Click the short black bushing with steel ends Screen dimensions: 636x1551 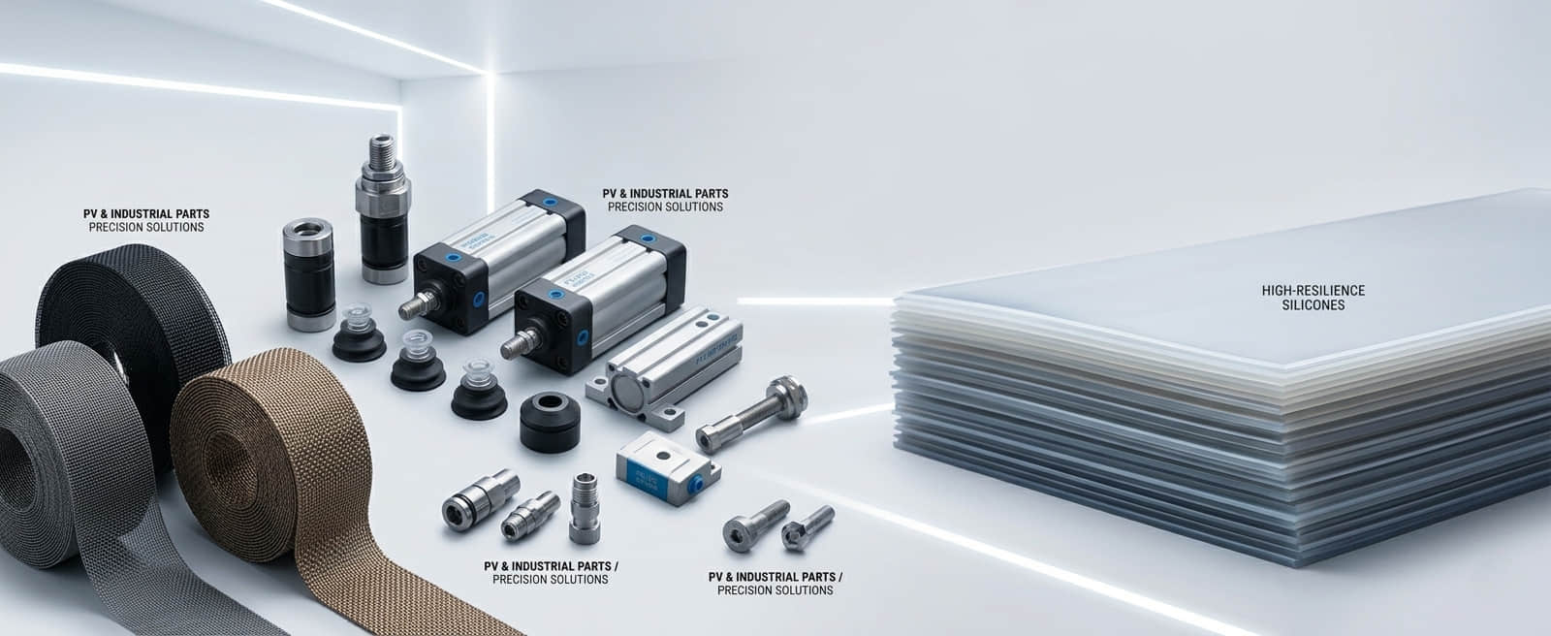click(x=307, y=274)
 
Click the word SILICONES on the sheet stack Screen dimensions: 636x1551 click(x=1313, y=305)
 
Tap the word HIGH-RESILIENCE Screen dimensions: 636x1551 click(x=1313, y=290)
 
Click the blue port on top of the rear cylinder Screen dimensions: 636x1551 click(x=552, y=202)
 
